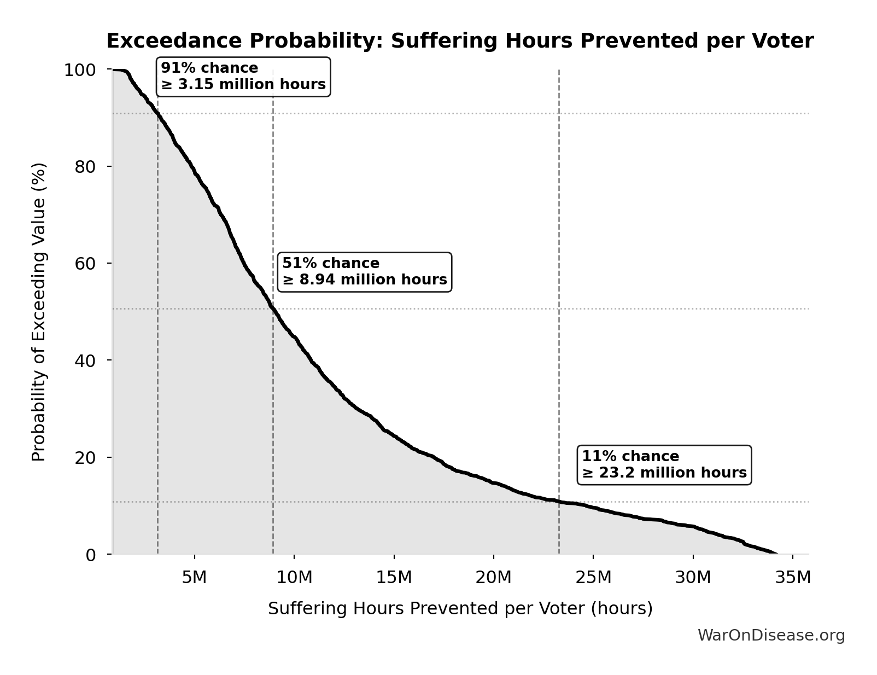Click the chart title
tap(459, 41)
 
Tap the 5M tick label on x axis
tap(194, 577)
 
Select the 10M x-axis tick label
tap(294, 577)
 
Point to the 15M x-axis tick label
tap(394, 577)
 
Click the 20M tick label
tap(493, 577)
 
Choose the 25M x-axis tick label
tap(593, 577)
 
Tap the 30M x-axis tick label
tap(693, 577)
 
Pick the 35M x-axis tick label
tap(793, 577)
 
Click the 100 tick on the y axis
tap(80, 70)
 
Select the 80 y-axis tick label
tap(85, 166)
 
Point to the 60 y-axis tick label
tap(85, 263)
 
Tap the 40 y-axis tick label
tap(85, 360)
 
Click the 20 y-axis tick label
tap(85, 457)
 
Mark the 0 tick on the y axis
tap(91, 555)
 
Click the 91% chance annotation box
tap(243, 77)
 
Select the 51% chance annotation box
tap(365, 272)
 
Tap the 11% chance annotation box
tap(664, 465)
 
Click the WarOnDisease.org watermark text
tap(771, 635)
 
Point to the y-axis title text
tap(39, 312)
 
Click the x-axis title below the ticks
tap(460, 608)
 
